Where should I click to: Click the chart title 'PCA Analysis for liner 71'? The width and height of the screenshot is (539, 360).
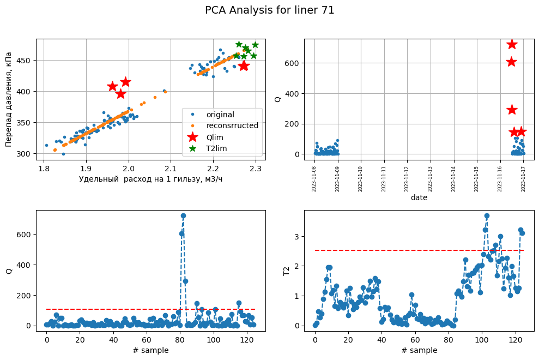[269, 10]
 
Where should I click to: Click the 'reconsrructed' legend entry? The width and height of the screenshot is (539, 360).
[229, 125]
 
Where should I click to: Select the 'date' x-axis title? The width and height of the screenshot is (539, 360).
[419, 198]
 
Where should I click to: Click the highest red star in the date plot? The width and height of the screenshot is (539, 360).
[512, 44]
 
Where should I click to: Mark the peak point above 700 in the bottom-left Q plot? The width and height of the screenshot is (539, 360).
[183, 216]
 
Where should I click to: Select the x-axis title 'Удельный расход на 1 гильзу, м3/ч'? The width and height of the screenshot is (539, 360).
[150, 179]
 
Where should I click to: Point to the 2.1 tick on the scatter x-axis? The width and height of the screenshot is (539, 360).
[171, 168]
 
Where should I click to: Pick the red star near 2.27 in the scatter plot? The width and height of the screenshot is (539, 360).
[244, 65]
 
